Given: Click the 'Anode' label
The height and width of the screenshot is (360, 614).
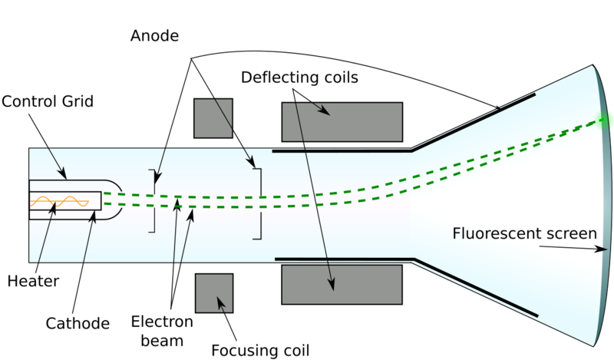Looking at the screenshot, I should [153, 35].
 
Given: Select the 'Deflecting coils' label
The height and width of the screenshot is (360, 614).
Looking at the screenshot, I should [299, 78].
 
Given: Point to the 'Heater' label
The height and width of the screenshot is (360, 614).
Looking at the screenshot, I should [33, 281].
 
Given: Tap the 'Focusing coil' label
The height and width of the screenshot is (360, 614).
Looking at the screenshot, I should [260, 351].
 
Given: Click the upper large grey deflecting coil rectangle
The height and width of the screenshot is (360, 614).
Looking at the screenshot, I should [342, 121].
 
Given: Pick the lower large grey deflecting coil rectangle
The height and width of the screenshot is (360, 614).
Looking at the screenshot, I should [342, 284].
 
